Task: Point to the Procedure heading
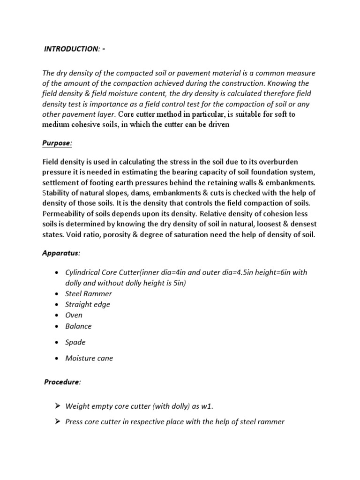click(x=62, y=382)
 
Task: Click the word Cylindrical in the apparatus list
click(x=82, y=273)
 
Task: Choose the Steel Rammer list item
click(x=89, y=294)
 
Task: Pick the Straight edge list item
click(x=88, y=305)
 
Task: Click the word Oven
click(x=74, y=315)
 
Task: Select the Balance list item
click(x=78, y=326)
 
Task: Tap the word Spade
click(x=75, y=342)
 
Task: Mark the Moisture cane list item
click(x=89, y=359)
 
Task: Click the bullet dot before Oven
click(x=57, y=315)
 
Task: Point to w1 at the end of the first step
click(x=208, y=407)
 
